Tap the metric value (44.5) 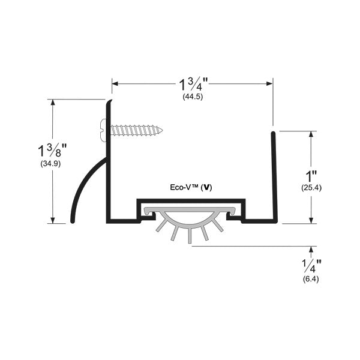coord(193,97)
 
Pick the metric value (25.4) coord(311,188)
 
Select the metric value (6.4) coord(311,280)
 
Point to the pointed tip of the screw coord(161,129)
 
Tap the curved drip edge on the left coord(84,186)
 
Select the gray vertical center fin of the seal coord(190,234)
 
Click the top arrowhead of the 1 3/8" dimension coord(53,103)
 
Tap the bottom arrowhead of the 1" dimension coord(311,220)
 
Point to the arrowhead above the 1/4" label coord(311,249)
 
